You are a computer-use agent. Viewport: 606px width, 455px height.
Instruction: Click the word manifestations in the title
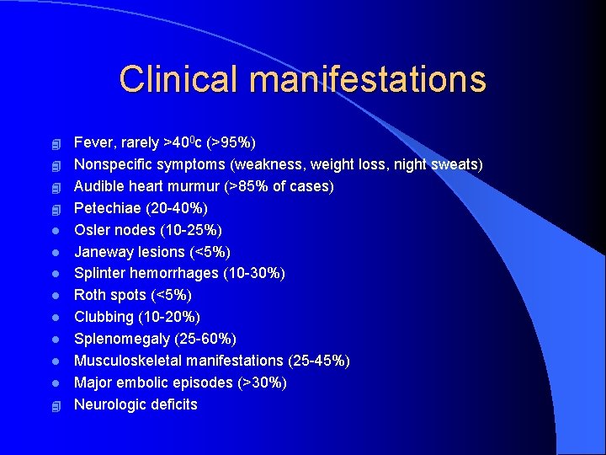click(368, 79)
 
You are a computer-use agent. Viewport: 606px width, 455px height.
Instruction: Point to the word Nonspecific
click(113, 164)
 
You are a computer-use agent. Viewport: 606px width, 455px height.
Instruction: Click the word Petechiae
click(108, 208)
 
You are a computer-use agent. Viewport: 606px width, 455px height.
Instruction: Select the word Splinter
click(100, 274)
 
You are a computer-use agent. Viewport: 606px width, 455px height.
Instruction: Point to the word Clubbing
click(104, 318)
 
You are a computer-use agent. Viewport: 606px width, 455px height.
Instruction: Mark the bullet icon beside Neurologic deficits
click(56, 405)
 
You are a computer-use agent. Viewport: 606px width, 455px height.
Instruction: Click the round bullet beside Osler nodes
click(56, 230)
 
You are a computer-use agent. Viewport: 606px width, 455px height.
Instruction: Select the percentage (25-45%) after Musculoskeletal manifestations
click(319, 361)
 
